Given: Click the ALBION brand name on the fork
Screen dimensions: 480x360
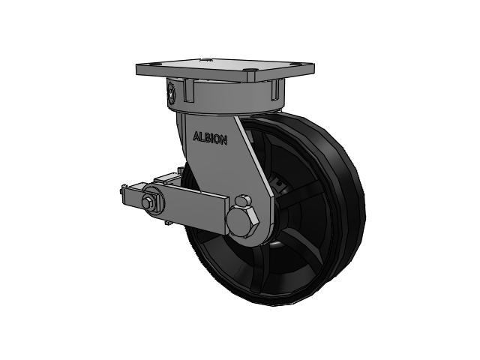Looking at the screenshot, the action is point(210,138).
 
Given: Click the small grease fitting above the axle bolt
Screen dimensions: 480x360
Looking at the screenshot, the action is point(243,200).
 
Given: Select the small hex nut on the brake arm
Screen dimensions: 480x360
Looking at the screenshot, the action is point(147,202).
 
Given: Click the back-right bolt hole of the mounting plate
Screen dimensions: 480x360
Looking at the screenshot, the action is point(295,64).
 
